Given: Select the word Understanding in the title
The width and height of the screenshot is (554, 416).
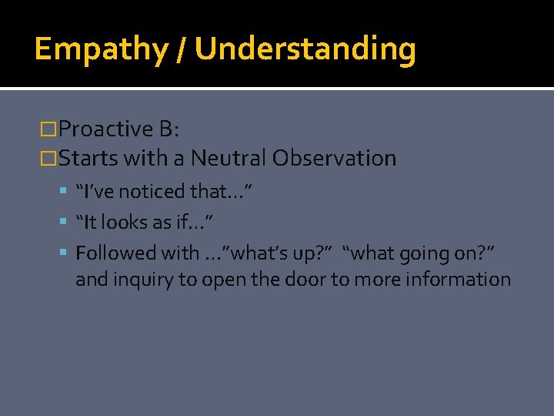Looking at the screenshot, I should pyautogui.click(x=305, y=49).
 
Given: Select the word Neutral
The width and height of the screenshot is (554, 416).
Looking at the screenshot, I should pyautogui.click(x=228, y=159).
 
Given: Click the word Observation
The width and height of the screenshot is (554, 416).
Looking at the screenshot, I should pyautogui.click(x=333, y=159).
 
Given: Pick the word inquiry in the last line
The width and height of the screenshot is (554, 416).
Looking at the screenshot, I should pyautogui.click(x=144, y=279).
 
